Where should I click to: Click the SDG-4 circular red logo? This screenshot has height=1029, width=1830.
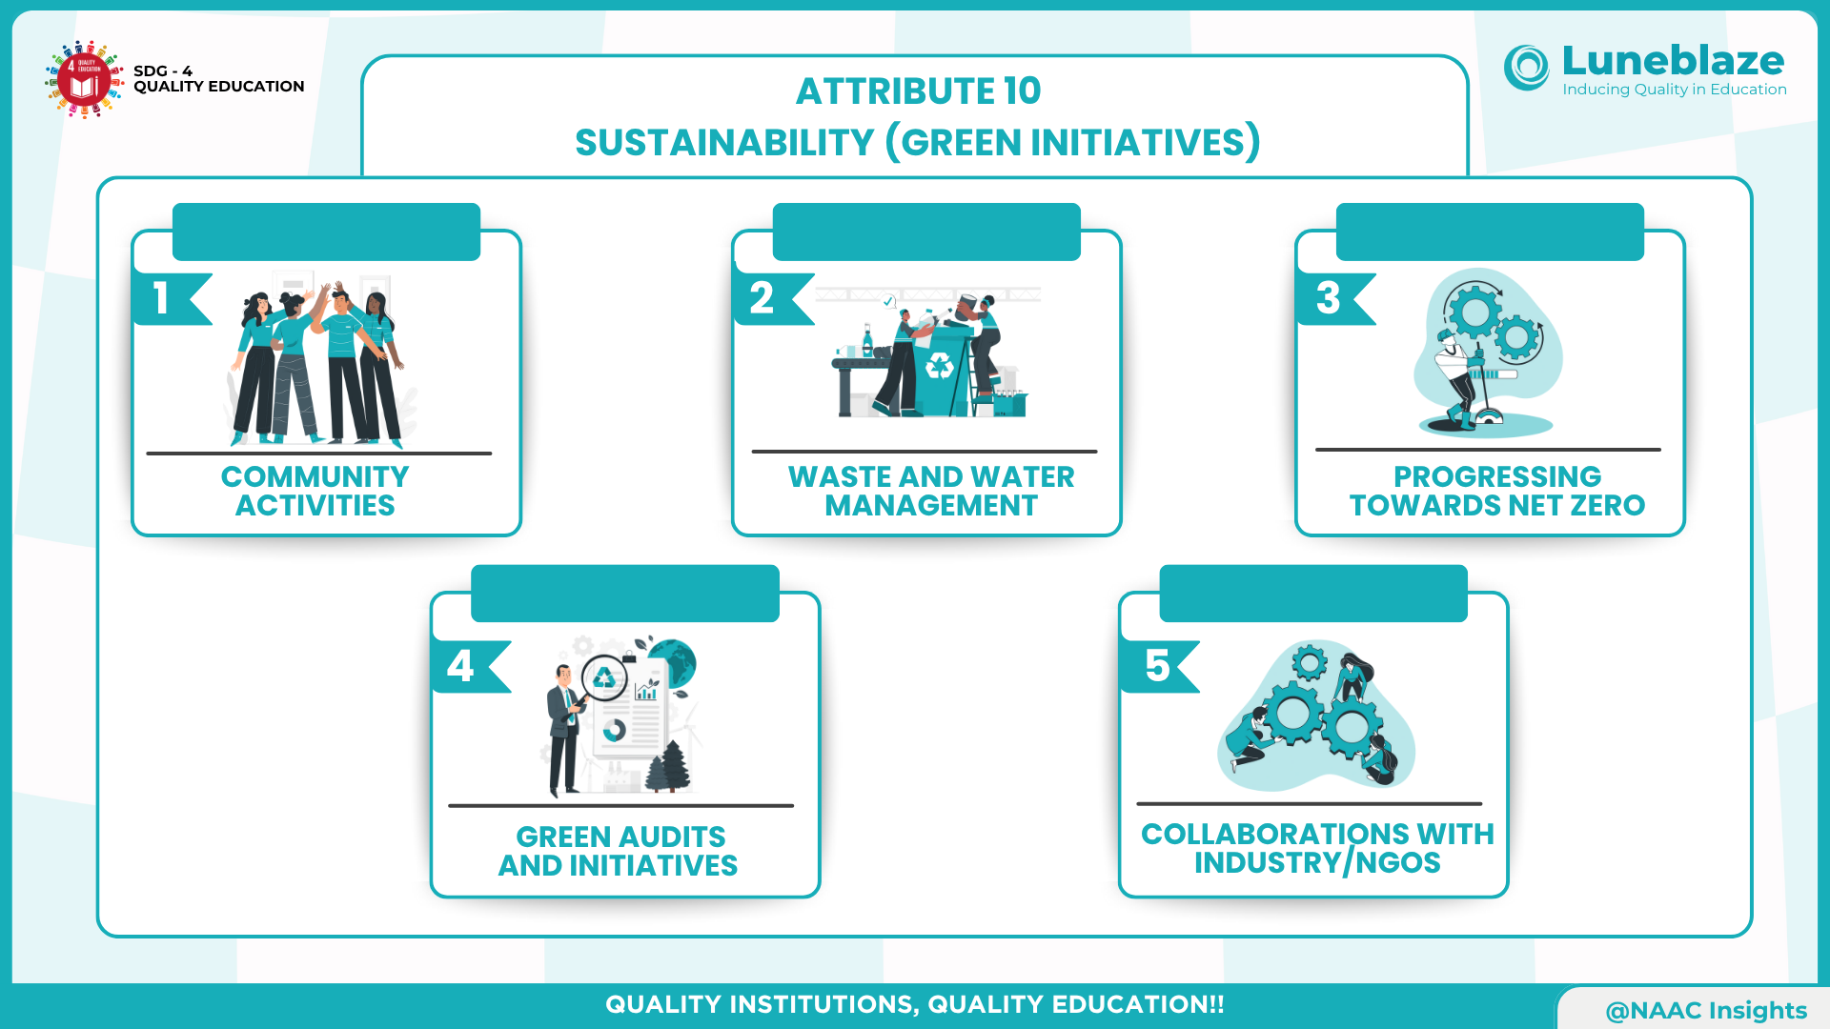(x=85, y=79)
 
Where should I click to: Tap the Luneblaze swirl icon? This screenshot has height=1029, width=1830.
(x=1527, y=68)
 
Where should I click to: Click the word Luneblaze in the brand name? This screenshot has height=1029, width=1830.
(x=1673, y=60)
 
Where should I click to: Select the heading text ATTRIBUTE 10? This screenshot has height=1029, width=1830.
(x=918, y=91)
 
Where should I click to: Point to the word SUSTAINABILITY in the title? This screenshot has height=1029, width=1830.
(x=724, y=143)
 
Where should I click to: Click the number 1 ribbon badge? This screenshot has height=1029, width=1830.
(x=172, y=299)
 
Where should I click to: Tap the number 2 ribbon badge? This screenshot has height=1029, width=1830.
(x=773, y=299)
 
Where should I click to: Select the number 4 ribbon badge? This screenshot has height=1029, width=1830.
(x=471, y=667)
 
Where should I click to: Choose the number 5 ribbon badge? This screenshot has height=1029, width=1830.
(x=1160, y=667)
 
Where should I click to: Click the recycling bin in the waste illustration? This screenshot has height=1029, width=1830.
(x=942, y=370)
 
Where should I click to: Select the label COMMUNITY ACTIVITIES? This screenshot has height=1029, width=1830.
(x=315, y=491)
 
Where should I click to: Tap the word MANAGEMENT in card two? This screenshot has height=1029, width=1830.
(x=931, y=505)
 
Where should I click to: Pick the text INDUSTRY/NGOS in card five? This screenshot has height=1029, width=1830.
(x=1317, y=862)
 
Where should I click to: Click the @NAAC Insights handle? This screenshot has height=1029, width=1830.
(x=1706, y=1010)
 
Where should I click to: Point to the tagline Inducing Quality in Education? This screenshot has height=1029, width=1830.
(x=1675, y=90)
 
